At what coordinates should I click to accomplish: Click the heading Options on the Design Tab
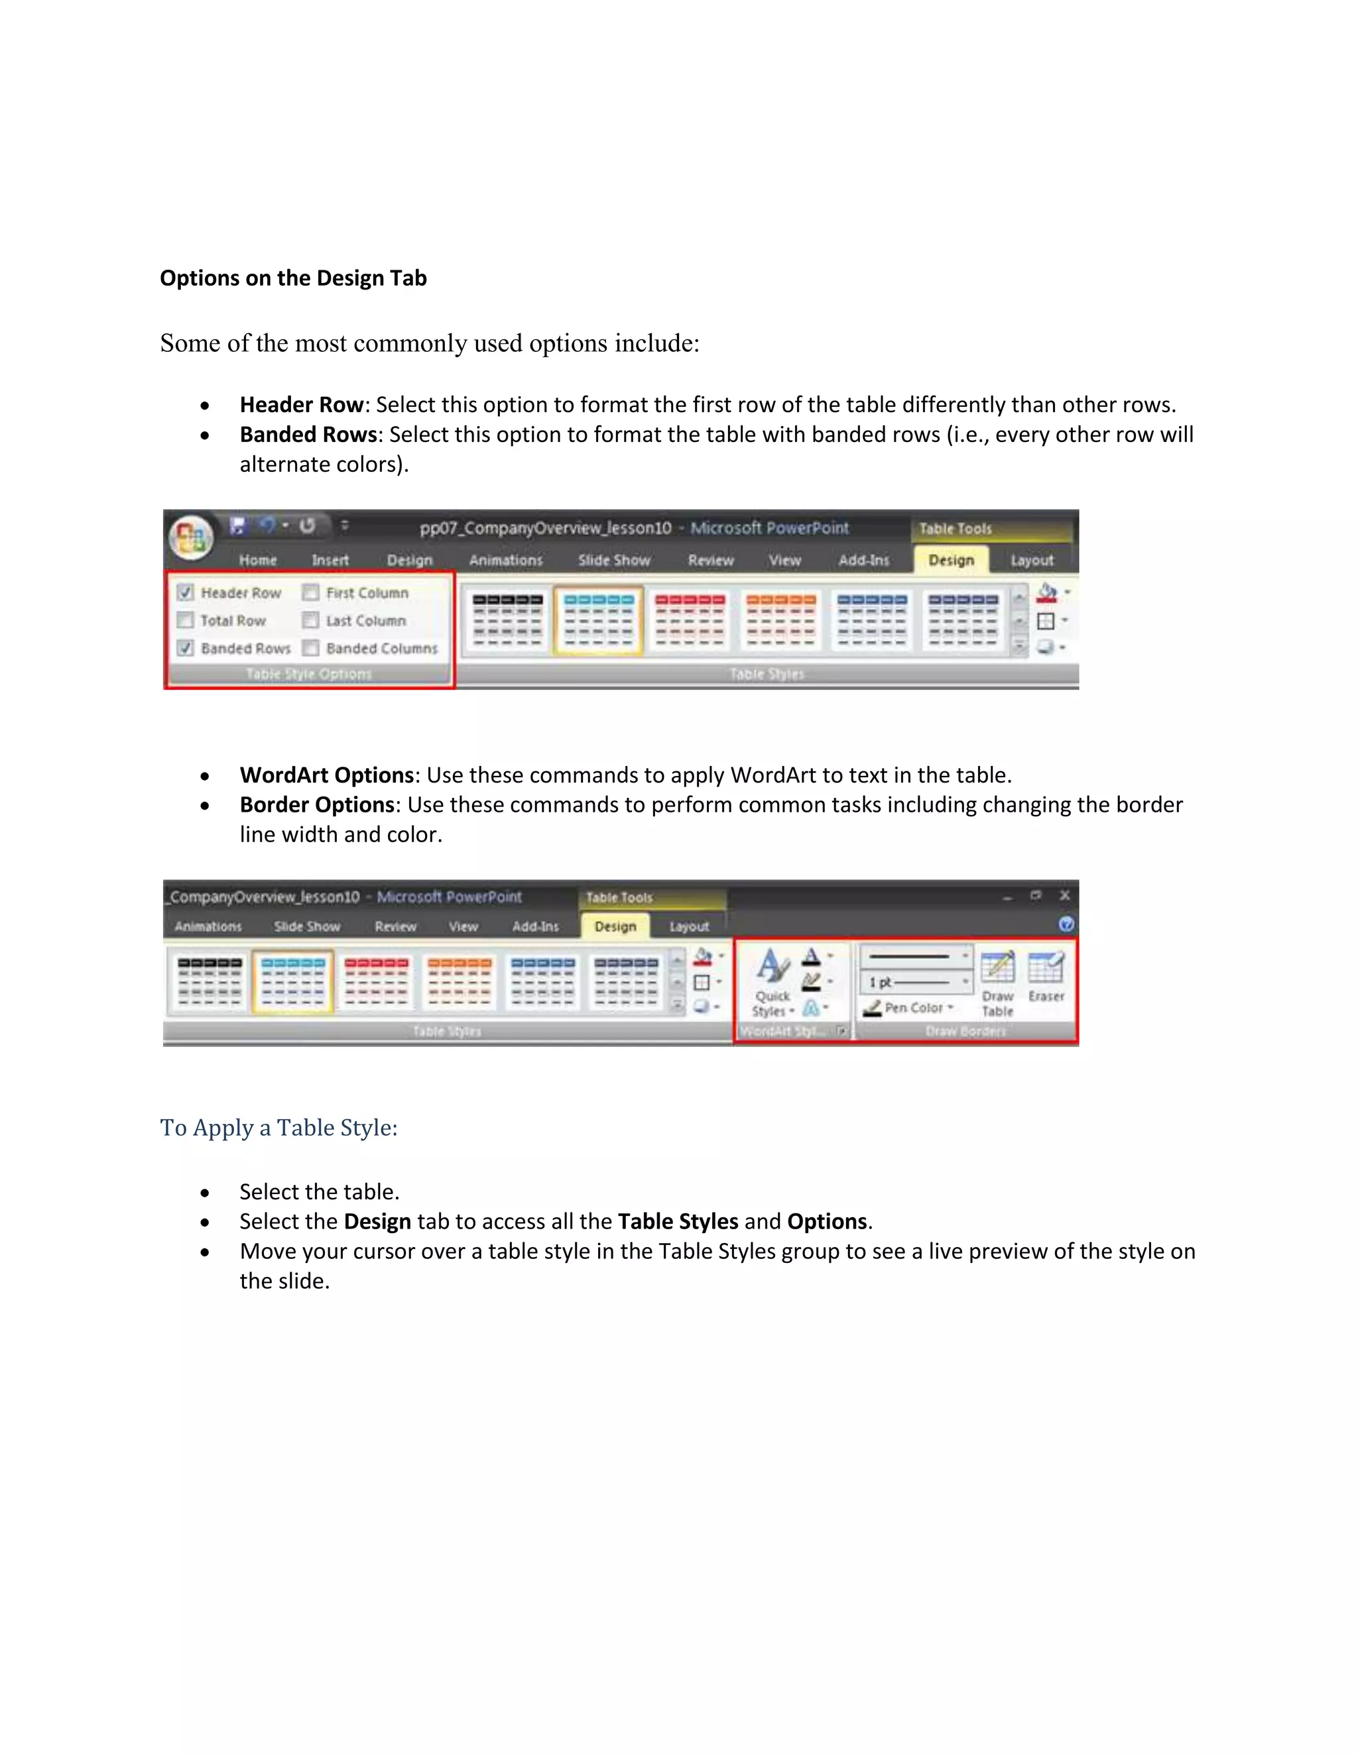click(293, 278)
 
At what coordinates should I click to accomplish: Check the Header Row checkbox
click(186, 592)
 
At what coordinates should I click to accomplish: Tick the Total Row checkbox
click(186, 620)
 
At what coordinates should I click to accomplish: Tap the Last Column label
click(366, 621)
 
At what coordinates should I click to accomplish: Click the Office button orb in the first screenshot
click(192, 536)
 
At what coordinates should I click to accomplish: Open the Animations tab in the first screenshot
click(506, 560)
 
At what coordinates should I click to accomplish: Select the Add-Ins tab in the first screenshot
click(864, 560)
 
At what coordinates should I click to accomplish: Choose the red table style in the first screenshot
click(690, 620)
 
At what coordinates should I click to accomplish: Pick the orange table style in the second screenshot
click(460, 982)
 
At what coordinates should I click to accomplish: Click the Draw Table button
click(997, 983)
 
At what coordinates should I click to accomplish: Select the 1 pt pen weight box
click(916, 982)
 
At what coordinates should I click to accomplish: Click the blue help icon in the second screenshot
click(1066, 924)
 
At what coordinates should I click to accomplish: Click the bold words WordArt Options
click(327, 775)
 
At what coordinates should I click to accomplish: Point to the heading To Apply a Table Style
click(278, 1127)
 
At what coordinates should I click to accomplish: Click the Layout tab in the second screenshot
click(690, 926)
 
